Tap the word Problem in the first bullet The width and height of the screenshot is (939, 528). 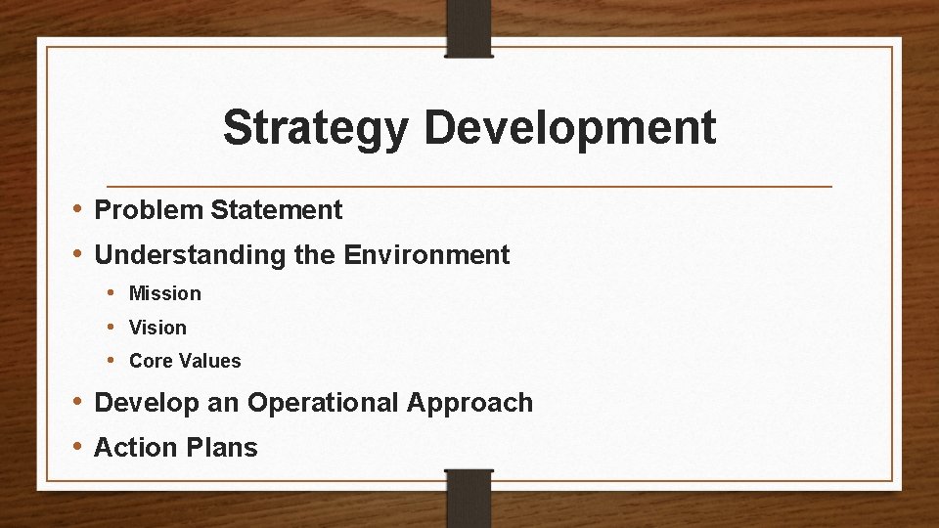(149, 210)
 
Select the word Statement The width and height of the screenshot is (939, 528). (276, 210)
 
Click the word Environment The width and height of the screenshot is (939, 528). (426, 255)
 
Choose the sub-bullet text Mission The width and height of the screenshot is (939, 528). (165, 293)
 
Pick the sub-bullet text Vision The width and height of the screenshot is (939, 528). (157, 328)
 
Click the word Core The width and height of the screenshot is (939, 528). (150, 361)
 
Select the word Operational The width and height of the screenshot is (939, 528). (324, 403)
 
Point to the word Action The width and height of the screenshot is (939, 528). (135, 448)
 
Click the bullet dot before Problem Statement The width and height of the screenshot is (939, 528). (77, 209)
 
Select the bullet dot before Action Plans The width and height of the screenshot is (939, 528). (77, 447)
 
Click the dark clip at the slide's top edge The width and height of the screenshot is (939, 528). (469, 28)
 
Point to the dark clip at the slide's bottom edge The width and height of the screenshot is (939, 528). (469, 499)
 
